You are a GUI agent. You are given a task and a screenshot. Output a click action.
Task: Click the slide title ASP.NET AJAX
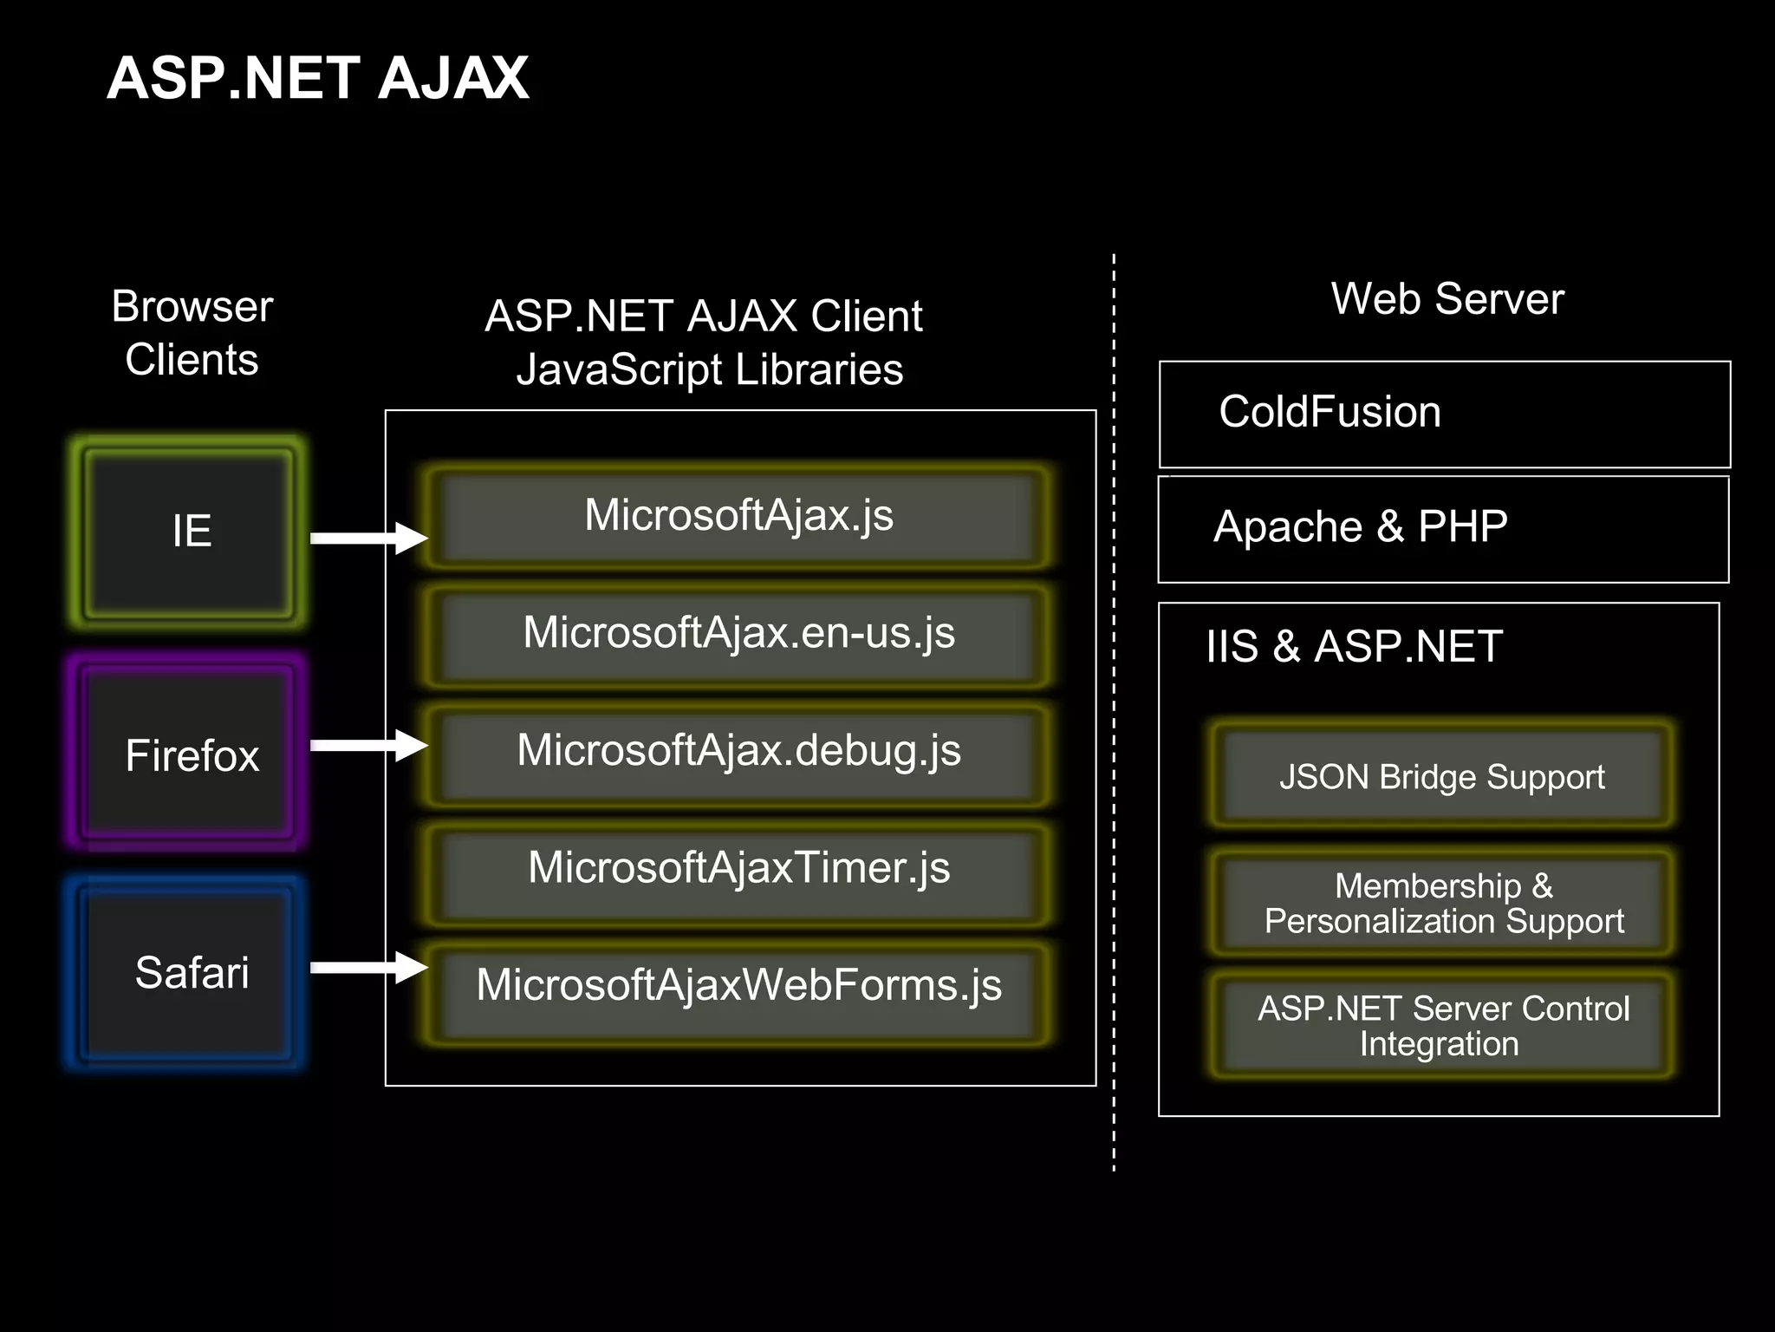[x=317, y=78]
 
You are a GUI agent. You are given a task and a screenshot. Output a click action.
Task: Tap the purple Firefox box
[x=189, y=754]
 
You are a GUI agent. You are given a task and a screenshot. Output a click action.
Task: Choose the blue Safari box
[x=189, y=972]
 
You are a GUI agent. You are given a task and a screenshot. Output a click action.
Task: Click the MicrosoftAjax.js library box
[x=738, y=517]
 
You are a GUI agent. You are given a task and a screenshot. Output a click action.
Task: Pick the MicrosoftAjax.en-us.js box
[x=738, y=634]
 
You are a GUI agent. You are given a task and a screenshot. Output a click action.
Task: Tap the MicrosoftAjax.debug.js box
[x=738, y=752]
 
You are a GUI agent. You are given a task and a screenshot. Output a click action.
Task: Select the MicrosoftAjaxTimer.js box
[x=738, y=869]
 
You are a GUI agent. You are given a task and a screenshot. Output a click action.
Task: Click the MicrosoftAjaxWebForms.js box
[x=738, y=987]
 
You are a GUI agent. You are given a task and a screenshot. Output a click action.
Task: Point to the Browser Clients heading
[x=192, y=333]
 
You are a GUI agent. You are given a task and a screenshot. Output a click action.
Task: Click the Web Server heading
[x=1447, y=299]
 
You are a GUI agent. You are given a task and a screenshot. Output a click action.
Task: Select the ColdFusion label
[x=1330, y=412]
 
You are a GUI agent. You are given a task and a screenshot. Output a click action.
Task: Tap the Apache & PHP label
[x=1360, y=527]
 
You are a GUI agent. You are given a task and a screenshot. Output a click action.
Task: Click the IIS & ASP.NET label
[x=1353, y=647]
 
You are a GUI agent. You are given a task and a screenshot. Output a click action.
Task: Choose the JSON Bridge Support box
[x=1441, y=777]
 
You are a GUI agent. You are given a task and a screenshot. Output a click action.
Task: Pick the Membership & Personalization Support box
[x=1443, y=904]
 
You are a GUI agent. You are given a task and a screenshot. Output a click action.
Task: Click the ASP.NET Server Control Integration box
[x=1443, y=1026]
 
